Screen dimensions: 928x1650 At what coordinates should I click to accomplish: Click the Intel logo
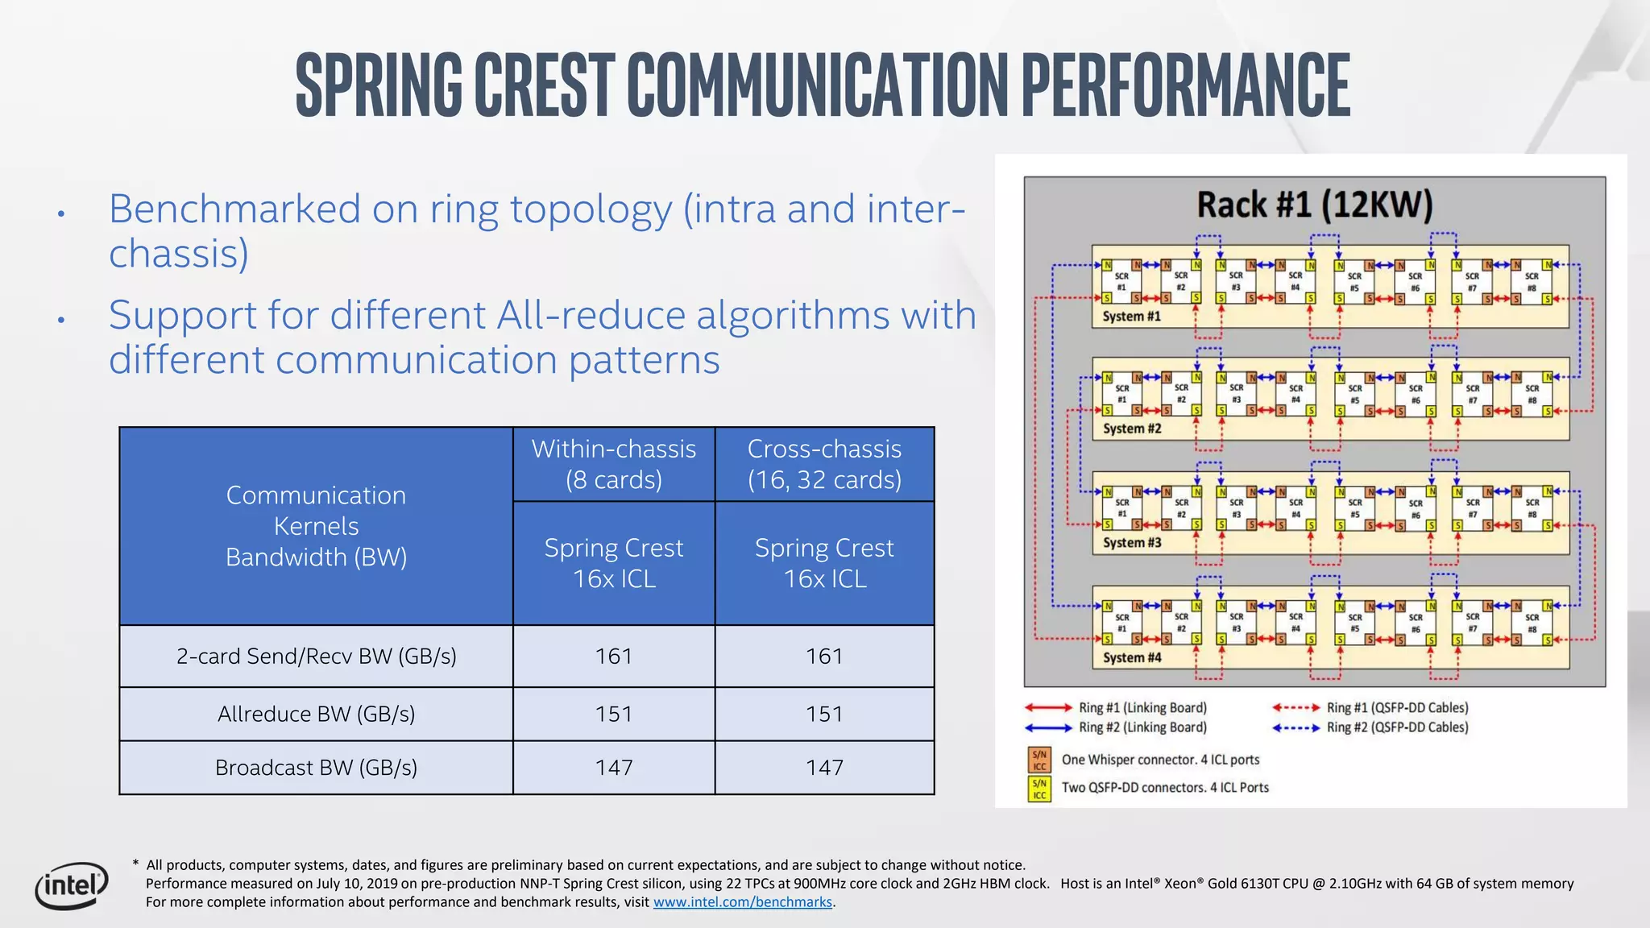click(x=72, y=885)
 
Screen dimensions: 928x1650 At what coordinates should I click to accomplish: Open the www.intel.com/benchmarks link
click(x=742, y=902)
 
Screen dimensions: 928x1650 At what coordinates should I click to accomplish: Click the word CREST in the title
click(x=544, y=85)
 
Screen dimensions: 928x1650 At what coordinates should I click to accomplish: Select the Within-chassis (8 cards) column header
click(x=614, y=464)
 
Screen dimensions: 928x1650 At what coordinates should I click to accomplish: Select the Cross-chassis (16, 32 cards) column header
click(x=824, y=464)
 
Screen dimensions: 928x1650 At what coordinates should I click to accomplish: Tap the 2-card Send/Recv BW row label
click(x=316, y=657)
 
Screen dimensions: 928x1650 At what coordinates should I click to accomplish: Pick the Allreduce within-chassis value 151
click(x=614, y=714)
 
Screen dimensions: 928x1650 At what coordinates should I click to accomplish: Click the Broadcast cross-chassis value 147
click(x=824, y=768)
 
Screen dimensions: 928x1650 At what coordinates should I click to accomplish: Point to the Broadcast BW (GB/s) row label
click(x=316, y=768)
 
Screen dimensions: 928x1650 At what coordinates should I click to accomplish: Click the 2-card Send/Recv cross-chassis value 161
click(x=824, y=657)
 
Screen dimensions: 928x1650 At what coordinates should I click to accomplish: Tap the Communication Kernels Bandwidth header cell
click(x=316, y=526)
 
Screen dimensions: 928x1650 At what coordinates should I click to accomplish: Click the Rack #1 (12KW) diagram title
click(x=1314, y=205)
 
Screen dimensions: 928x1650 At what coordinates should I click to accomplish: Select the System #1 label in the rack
click(x=1131, y=317)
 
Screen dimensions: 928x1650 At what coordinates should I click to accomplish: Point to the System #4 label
click(x=1131, y=657)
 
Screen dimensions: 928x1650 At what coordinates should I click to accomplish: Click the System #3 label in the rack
click(x=1131, y=543)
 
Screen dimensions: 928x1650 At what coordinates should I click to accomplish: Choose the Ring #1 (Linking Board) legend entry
click(x=1142, y=707)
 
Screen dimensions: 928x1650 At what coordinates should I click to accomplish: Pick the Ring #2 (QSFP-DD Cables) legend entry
click(x=1397, y=727)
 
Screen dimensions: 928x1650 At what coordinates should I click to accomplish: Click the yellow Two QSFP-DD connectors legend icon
click(x=1039, y=789)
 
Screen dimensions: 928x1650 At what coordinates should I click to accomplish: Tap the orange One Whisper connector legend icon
click(x=1039, y=760)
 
